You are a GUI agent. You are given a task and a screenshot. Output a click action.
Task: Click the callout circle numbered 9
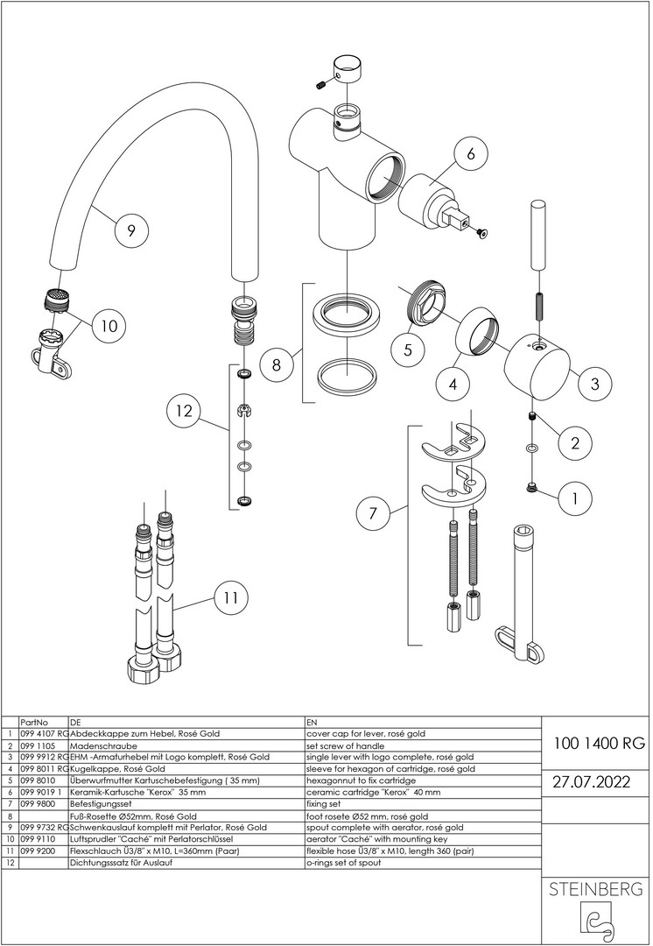(130, 230)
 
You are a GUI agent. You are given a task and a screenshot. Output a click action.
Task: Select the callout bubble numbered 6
(470, 154)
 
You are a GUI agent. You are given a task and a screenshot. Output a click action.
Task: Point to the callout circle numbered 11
(230, 599)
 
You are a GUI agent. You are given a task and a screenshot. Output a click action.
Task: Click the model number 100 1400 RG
(599, 744)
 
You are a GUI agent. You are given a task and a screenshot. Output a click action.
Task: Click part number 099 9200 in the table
(38, 851)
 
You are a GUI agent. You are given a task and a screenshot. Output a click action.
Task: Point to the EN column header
(312, 722)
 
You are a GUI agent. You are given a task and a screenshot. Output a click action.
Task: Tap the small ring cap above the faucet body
(348, 67)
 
